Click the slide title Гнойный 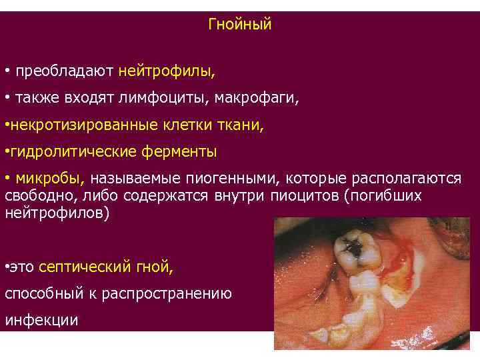240,25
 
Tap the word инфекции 41,320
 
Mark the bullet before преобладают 7,71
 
